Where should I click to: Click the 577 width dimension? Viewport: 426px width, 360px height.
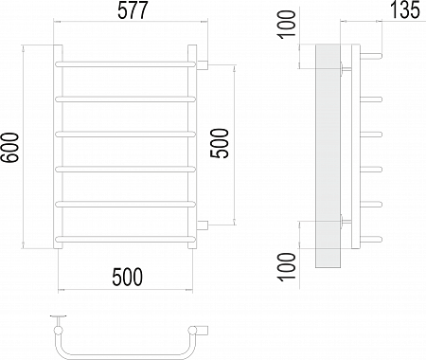tap(133, 11)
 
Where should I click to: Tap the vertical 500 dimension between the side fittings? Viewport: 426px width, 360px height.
tap(220, 143)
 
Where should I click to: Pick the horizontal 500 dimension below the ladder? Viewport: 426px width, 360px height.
tap(128, 277)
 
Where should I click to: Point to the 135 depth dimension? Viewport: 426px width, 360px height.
tap(405, 9)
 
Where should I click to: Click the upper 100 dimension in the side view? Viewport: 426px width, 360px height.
tap(287, 25)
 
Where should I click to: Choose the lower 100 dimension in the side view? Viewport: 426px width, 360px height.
tap(287, 266)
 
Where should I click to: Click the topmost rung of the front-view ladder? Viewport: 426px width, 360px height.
tap(126, 64)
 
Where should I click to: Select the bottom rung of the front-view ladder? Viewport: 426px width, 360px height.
tap(126, 239)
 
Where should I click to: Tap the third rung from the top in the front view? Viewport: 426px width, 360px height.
tap(126, 135)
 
